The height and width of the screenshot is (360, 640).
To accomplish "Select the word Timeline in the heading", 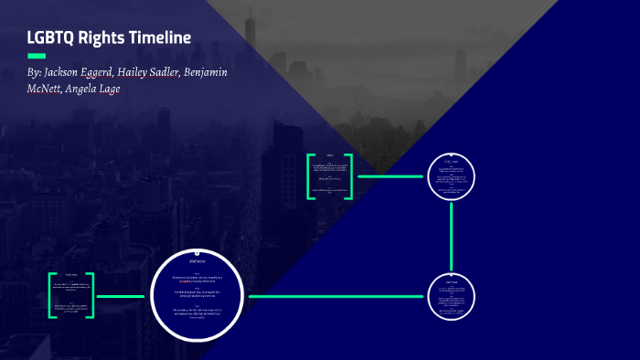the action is coord(164,38).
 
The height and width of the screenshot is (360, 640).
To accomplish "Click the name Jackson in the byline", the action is coord(67,72).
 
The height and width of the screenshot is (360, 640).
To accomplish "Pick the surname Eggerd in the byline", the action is coord(114,72).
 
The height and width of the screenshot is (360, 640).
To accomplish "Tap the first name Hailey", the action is coord(159,72).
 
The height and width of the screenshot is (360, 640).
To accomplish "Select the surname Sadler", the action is coord(202,72).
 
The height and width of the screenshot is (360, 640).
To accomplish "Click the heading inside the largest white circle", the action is coord(199,262).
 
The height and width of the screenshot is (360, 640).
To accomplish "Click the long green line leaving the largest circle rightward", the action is coord(338,296).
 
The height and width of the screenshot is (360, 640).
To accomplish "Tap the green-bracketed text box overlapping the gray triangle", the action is coord(330,175).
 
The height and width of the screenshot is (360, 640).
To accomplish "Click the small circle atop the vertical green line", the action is coord(452,176).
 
